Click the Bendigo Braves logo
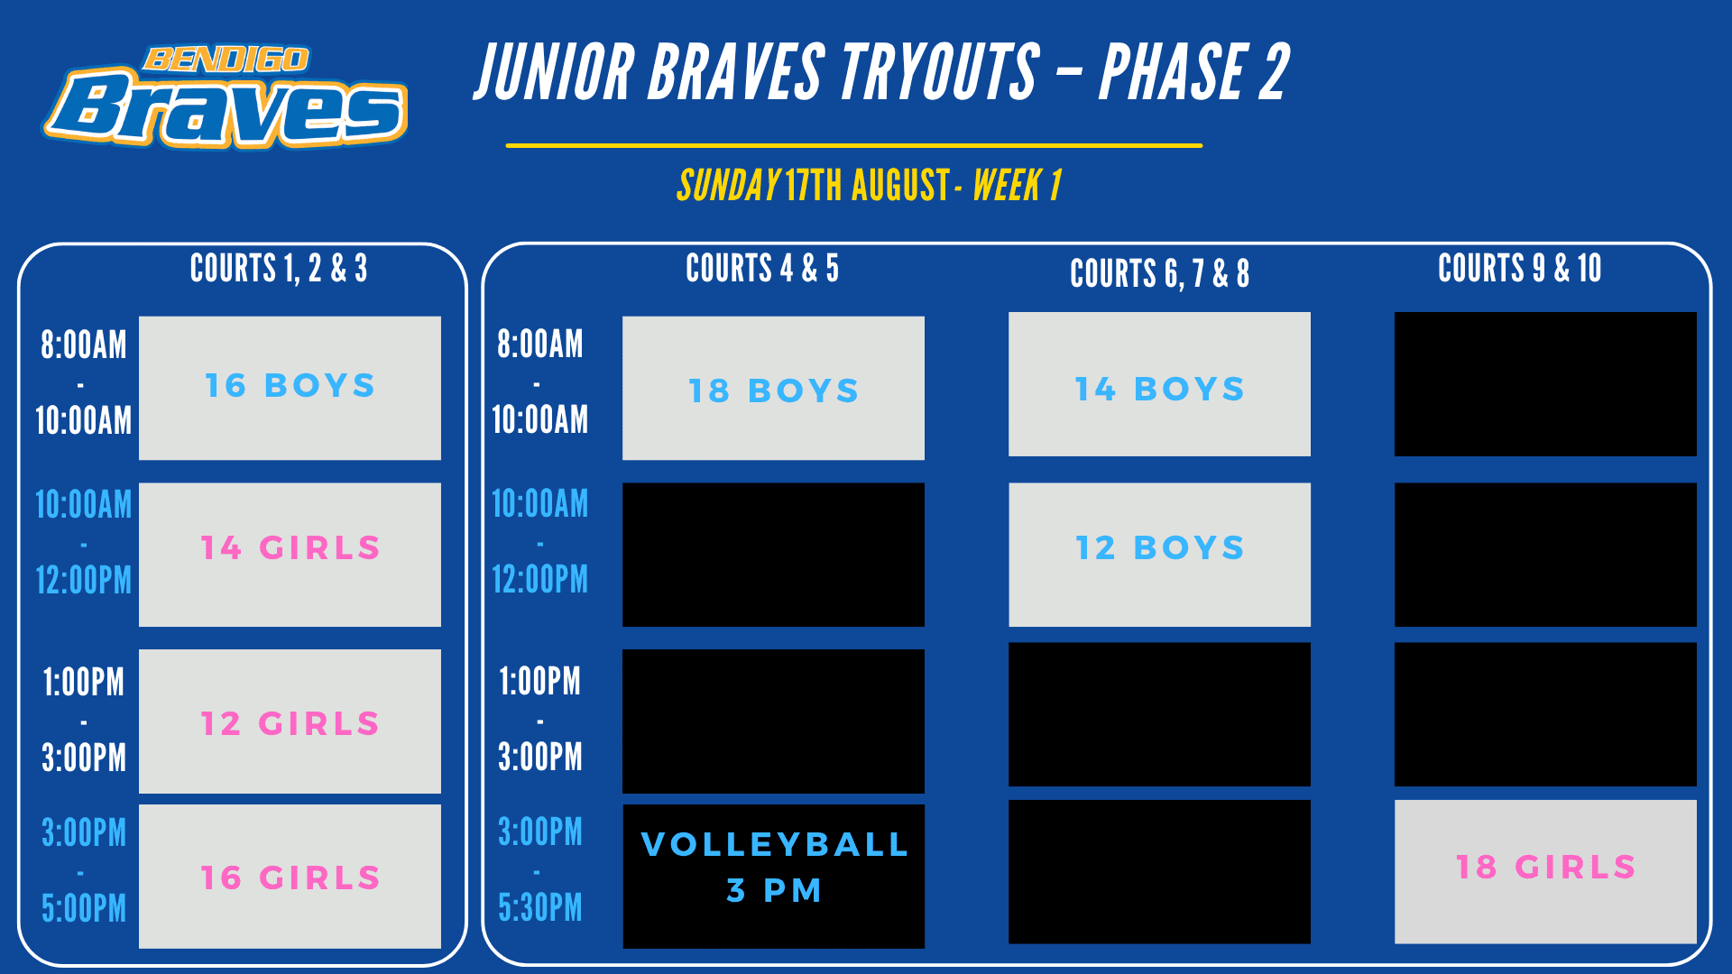click(x=226, y=97)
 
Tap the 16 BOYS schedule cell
click(x=290, y=388)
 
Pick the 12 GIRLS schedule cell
click(x=290, y=721)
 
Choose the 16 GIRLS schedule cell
click(x=290, y=877)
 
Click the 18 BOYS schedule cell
click(x=773, y=388)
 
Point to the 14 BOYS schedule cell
click(x=1159, y=384)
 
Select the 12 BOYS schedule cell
click(x=1159, y=555)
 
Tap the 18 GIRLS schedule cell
click(x=1545, y=872)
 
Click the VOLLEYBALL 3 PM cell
click(x=773, y=877)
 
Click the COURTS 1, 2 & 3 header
click(x=279, y=268)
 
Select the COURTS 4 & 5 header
click(x=762, y=268)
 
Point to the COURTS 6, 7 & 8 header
click(x=1159, y=273)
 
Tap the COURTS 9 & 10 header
click(x=1520, y=268)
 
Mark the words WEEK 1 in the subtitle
click(x=1017, y=186)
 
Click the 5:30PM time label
click(x=540, y=907)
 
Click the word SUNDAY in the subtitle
click(x=729, y=186)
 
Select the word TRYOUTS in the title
click(x=939, y=71)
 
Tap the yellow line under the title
click(x=854, y=145)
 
